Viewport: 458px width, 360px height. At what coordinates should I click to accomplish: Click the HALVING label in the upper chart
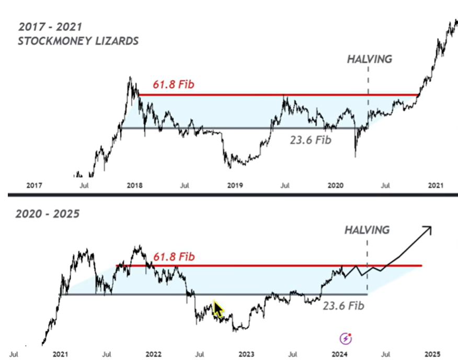coord(369,59)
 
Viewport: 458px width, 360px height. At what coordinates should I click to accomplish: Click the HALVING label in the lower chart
coord(367,230)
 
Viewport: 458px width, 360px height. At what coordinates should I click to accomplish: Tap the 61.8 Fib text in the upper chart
coord(174,84)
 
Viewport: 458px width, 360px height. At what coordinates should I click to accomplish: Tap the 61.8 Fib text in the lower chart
coord(174,256)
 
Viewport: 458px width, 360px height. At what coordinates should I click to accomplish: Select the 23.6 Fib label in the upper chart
coord(311,140)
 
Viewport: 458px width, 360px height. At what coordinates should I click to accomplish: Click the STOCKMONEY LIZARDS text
coord(78,41)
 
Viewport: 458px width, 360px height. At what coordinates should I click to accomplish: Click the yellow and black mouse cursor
coord(218,309)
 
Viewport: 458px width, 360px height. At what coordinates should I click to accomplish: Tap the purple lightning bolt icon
coord(346,338)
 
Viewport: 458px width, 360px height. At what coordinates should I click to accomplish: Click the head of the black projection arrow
coord(428,228)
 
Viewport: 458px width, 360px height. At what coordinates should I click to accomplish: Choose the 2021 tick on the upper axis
coord(436,185)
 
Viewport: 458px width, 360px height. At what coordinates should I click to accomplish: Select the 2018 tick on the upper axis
coord(134,185)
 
